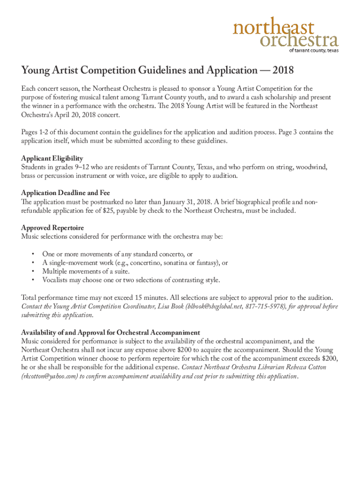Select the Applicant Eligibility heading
point(52,159)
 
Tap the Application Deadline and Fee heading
point(65,193)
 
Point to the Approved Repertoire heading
point(52,227)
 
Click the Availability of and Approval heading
point(110,333)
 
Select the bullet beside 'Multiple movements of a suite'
point(33,271)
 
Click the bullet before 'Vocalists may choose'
point(33,280)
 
